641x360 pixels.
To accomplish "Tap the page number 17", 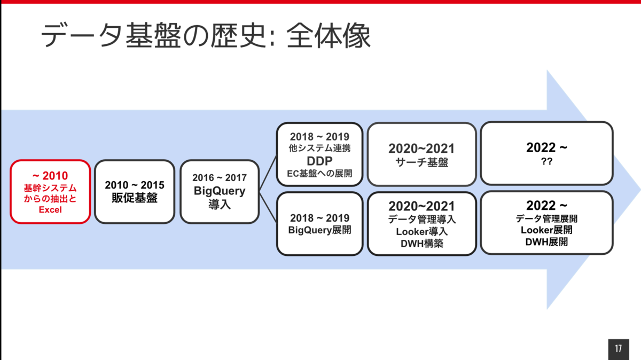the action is (x=619, y=348).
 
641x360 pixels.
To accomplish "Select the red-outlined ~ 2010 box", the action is (x=50, y=191).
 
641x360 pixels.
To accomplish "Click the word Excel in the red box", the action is (x=50, y=209).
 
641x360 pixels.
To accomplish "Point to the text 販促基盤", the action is (x=135, y=198).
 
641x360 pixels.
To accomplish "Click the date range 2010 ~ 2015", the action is (x=135, y=185).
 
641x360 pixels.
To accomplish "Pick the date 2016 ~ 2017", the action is (x=220, y=178).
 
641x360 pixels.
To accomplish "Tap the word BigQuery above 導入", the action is (x=220, y=191).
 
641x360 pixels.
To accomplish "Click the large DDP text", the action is (x=319, y=161).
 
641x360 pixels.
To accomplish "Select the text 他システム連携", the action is (x=319, y=148).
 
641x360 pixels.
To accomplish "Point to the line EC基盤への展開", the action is (x=319, y=173).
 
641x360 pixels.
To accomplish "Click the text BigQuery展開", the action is (x=319, y=230).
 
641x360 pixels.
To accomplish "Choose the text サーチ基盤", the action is (x=422, y=162).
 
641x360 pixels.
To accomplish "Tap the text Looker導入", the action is (x=422, y=231).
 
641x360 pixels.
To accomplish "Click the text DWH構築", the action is (x=422, y=244).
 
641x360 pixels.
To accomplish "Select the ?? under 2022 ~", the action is (x=546, y=161).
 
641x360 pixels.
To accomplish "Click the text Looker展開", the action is (x=546, y=230).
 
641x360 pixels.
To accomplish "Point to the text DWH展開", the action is (x=546, y=242).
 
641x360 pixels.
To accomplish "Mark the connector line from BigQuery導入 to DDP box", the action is (x=268, y=173).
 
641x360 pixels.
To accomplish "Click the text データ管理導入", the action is (x=422, y=219).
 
